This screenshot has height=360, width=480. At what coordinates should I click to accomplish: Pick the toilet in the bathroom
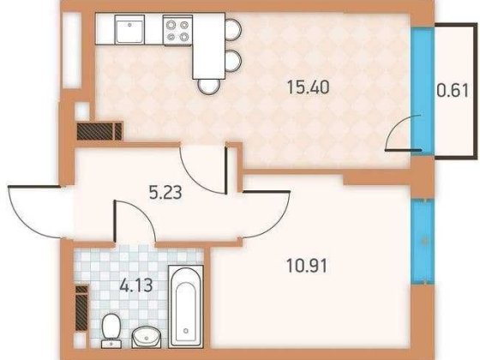(x=111, y=327)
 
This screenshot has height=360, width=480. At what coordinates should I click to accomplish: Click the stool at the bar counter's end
(x=207, y=84)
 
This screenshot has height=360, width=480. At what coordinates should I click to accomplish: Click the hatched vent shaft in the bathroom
(x=81, y=304)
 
